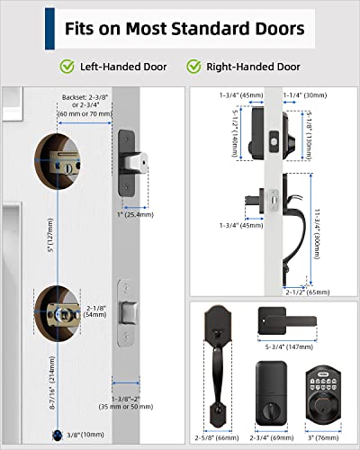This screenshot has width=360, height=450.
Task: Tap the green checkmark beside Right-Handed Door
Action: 193,66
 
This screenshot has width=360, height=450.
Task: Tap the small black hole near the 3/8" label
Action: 58,434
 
